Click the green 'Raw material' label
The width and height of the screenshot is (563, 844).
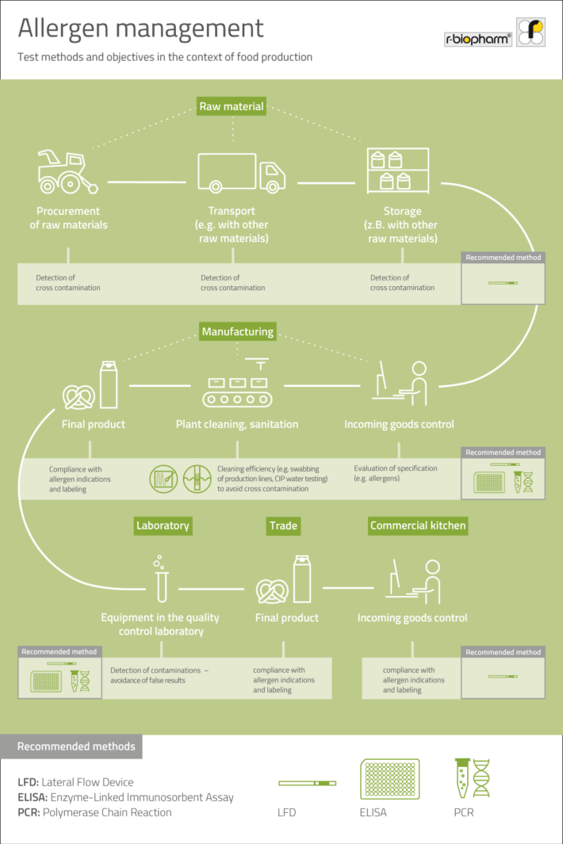tap(231, 106)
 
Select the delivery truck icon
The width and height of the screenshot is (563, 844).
tap(241, 172)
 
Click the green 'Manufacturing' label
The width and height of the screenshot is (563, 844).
tap(237, 331)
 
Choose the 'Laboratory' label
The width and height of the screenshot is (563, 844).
tap(163, 525)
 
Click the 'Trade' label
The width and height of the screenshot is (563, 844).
tap(283, 525)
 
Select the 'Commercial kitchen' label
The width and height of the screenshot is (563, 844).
tap(418, 525)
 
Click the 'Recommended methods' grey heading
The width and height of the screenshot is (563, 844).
tap(76, 747)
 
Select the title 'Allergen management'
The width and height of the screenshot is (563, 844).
tap(140, 29)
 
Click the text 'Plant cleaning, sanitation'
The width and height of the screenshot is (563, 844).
tap(237, 424)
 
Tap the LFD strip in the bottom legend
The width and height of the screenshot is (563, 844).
tap(307, 783)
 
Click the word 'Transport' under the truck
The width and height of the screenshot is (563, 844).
tap(232, 211)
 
